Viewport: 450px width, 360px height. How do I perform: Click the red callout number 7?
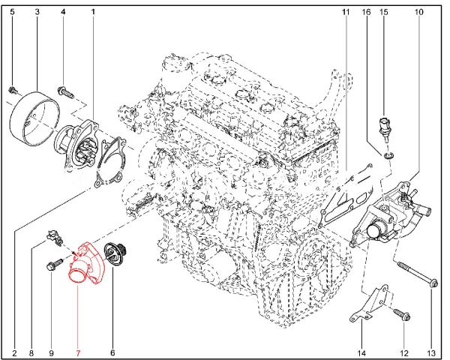(78, 352)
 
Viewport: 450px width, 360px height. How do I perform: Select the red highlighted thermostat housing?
(85, 264)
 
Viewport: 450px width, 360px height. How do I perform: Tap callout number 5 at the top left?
(12, 12)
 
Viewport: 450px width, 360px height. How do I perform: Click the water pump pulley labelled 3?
(34, 118)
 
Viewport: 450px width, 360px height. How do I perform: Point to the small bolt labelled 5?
(12, 90)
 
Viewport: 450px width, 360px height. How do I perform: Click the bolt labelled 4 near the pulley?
(65, 91)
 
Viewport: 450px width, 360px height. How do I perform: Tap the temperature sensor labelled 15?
(384, 128)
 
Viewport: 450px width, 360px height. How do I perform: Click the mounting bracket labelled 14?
(369, 304)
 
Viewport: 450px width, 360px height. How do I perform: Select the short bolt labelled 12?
(402, 313)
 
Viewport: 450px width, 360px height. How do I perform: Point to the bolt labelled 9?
(55, 265)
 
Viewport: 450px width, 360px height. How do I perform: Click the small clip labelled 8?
(54, 238)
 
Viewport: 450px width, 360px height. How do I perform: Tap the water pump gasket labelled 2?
(111, 162)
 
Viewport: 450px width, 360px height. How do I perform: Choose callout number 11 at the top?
(346, 12)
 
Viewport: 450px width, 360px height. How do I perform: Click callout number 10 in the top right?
(418, 12)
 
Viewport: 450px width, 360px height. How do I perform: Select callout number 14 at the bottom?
(361, 352)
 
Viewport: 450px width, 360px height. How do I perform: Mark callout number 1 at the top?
(93, 12)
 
